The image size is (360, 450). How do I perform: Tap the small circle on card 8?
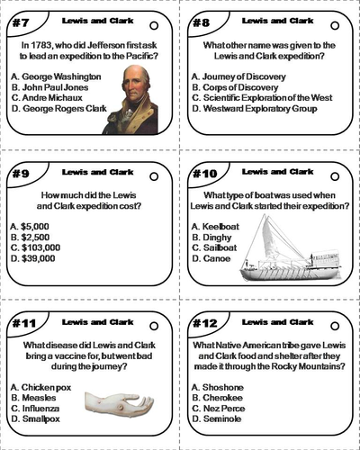coord(335,27)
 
